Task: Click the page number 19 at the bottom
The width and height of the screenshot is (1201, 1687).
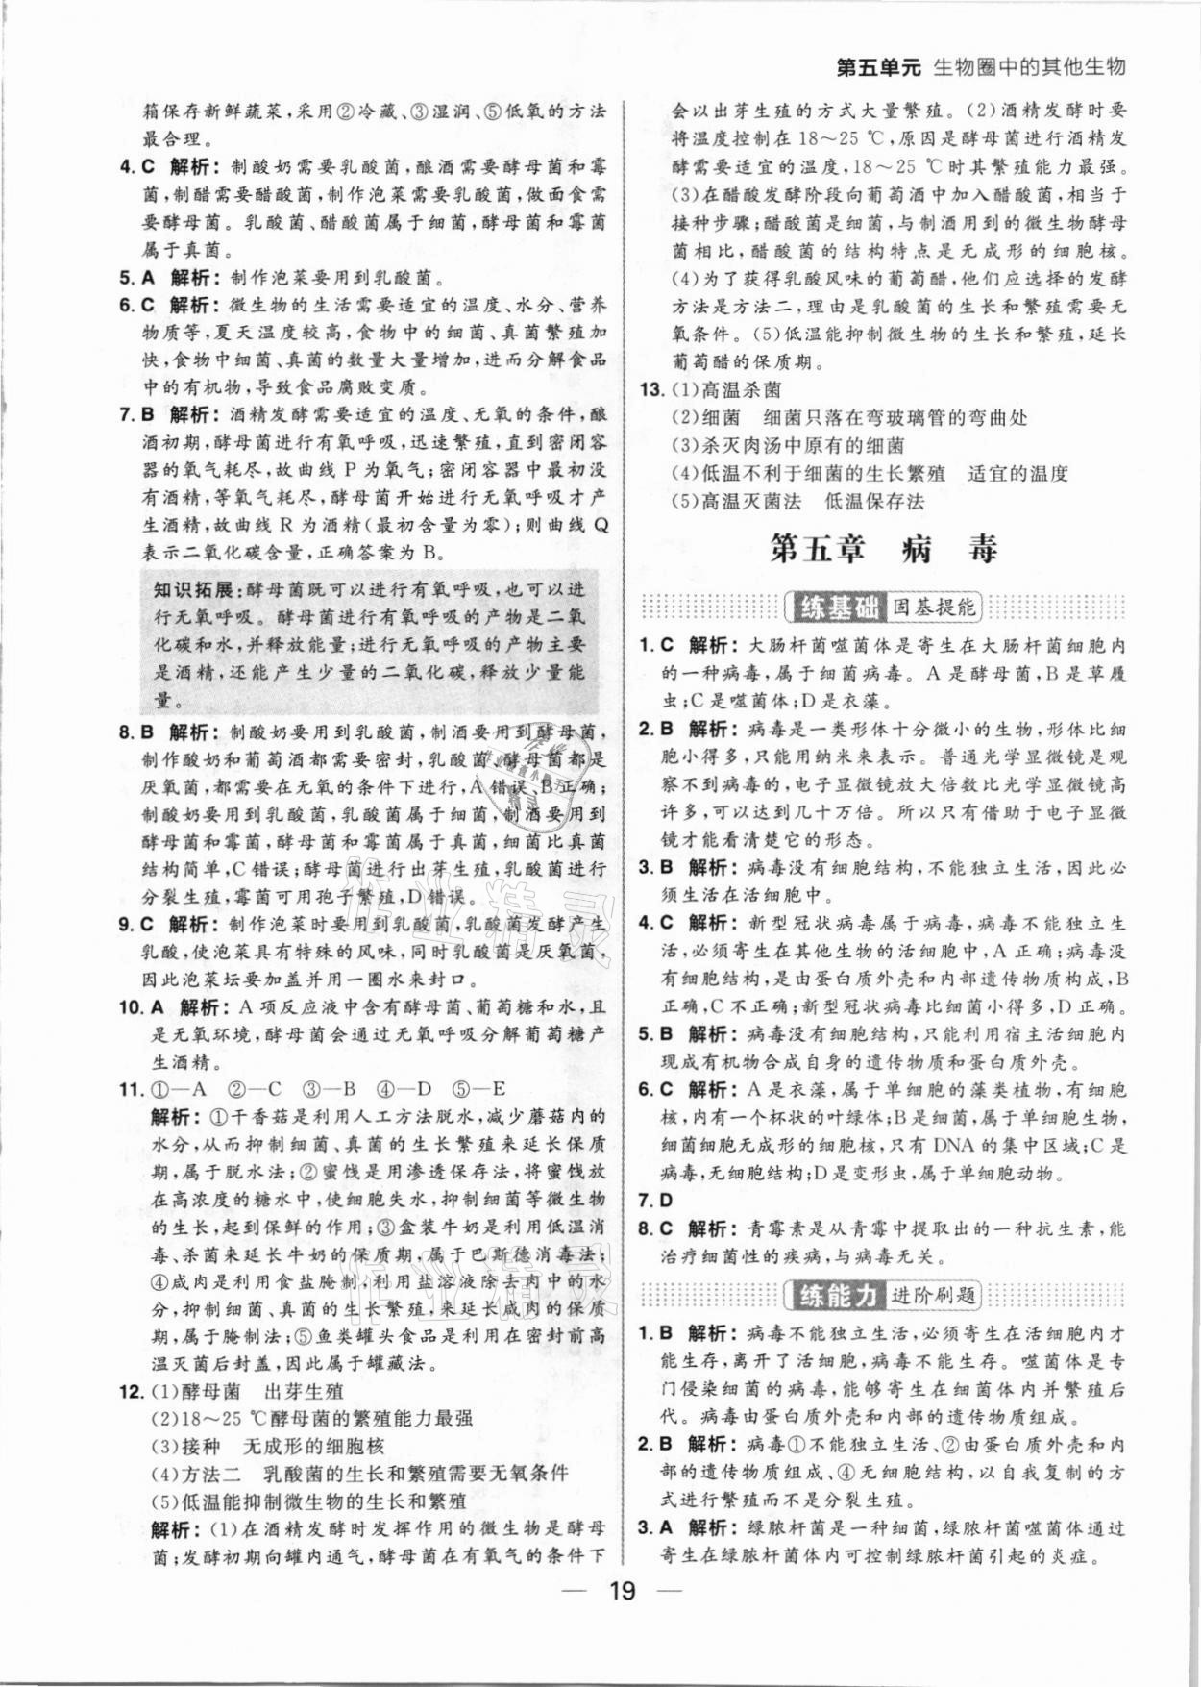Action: coord(622,1617)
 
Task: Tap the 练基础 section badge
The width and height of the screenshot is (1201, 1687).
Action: coord(834,608)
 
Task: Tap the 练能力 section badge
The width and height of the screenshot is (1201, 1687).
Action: coord(834,1295)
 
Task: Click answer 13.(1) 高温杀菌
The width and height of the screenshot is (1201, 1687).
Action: coord(725,390)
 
